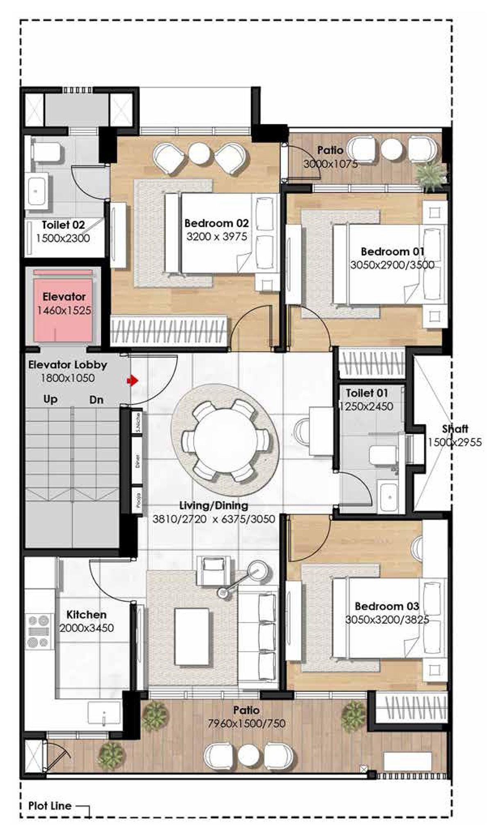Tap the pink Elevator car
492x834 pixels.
point(64,305)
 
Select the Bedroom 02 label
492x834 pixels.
point(216,223)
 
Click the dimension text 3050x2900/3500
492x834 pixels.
point(392,265)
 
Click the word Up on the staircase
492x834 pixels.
point(50,399)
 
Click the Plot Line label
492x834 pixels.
point(50,806)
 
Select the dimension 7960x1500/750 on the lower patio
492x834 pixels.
point(246,724)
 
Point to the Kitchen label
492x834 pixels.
point(86,615)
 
